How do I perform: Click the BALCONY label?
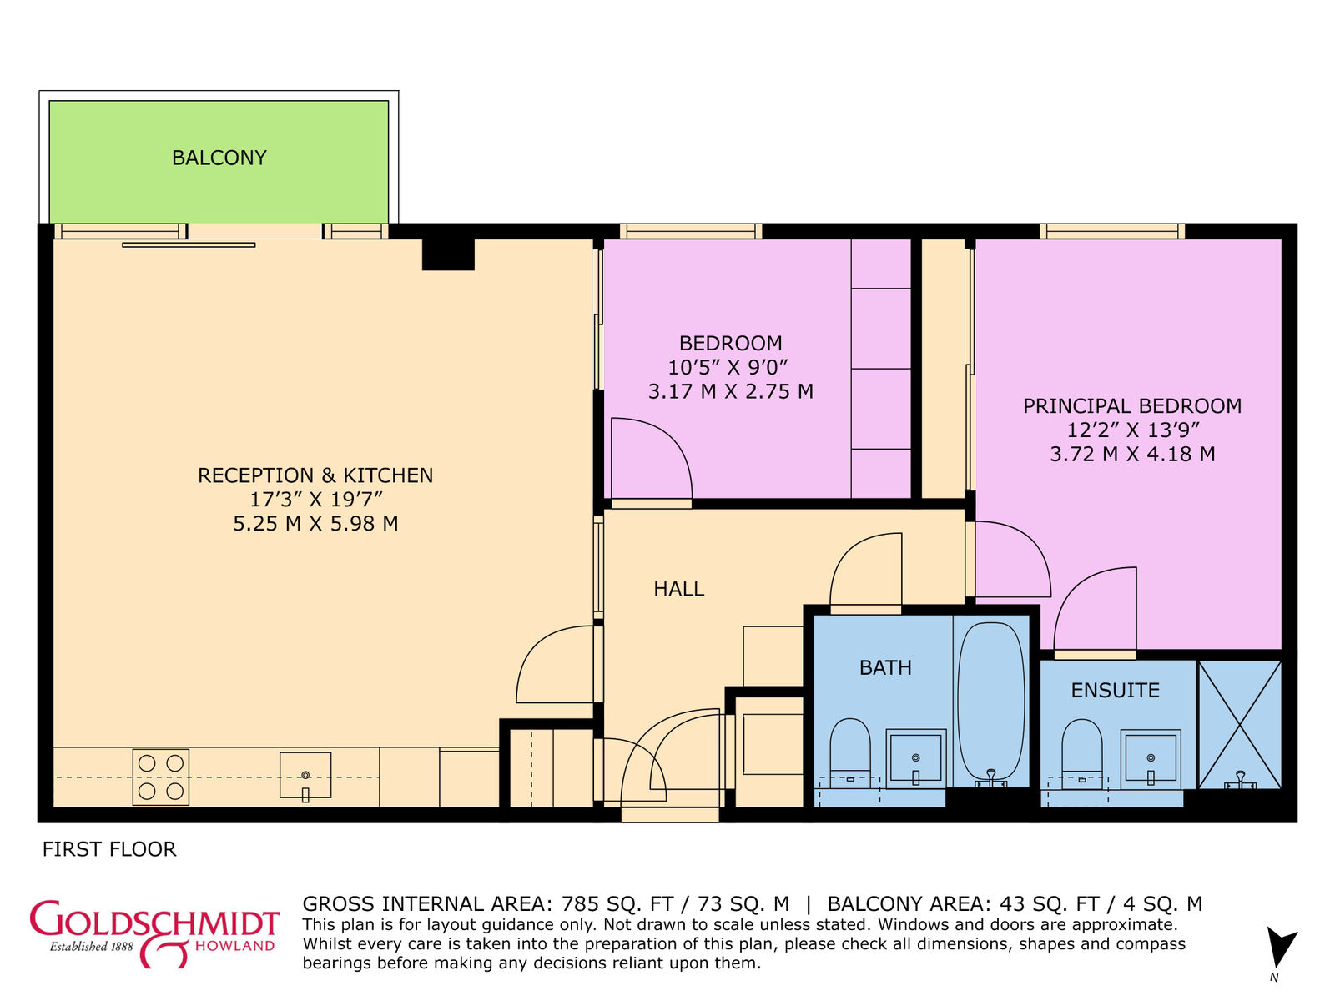(219, 158)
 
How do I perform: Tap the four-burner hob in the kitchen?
(161, 777)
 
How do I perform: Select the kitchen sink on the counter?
(305, 776)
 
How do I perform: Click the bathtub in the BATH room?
(990, 701)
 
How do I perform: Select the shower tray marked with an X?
(1240, 723)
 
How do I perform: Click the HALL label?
(678, 589)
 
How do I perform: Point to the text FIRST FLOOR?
(109, 849)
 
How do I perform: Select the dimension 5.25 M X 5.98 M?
(315, 524)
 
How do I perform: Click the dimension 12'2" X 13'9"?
(1133, 430)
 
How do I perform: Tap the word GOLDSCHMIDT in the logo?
(154, 921)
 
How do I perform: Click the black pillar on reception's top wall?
(448, 254)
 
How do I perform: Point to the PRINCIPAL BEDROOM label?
(1132, 406)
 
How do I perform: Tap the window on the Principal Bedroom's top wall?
(1112, 231)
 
